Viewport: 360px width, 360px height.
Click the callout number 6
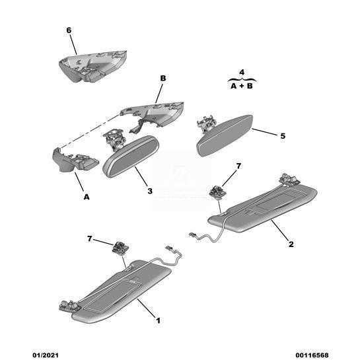pyautogui.click(x=69, y=30)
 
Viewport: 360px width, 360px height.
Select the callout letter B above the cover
pyautogui.click(x=162, y=79)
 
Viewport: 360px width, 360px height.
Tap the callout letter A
pyautogui.click(x=87, y=197)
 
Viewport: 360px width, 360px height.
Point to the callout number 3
pyautogui.click(x=150, y=191)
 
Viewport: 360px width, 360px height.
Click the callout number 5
pyautogui.click(x=283, y=136)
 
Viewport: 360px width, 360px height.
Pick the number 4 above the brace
pyautogui.click(x=242, y=72)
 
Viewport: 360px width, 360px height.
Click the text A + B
pyautogui.click(x=242, y=86)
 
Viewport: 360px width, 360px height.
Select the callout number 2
pyautogui.click(x=291, y=244)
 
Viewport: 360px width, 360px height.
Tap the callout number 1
pyautogui.click(x=158, y=320)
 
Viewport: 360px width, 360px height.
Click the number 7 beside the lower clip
pyautogui.click(x=90, y=238)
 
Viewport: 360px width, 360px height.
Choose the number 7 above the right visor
pyautogui.click(x=238, y=166)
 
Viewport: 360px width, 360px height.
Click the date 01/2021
pyautogui.click(x=46, y=355)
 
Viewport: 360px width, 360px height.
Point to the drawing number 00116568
pyautogui.click(x=312, y=355)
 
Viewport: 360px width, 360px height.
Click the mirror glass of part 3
pyautogui.click(x=131, y=157)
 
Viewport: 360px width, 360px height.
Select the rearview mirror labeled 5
pyautogui.click(x=225, y=135)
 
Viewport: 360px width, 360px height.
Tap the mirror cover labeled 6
pyautogui.click(x=93, y=66)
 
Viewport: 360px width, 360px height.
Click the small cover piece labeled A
pyautogui.click(x=74, y=160)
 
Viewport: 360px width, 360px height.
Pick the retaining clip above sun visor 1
pyautogui.click(x=120, y=248)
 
